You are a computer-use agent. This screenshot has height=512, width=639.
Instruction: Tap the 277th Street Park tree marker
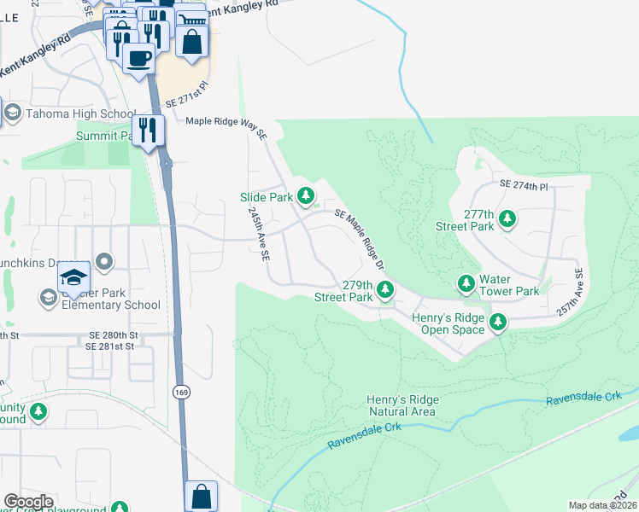[x=507, y=219]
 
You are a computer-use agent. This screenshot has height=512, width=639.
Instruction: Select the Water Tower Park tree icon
[x=466, y=282]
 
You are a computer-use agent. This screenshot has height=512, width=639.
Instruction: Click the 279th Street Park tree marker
[x=385, y=290]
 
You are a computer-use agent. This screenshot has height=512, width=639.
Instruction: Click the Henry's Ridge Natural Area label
[x=403, y=405]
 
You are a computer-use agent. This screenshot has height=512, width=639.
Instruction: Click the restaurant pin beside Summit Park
[x=150, y=130]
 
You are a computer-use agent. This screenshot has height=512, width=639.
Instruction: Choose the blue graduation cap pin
[x=74, y=277]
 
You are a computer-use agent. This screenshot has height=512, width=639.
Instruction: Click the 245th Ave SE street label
[x=259, y=234]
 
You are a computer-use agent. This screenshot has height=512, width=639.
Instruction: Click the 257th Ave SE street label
[x=570, y=294]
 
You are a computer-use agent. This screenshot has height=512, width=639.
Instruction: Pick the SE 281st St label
[x=110, y=346]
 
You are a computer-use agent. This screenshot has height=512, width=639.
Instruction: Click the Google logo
[x=28, y=502]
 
